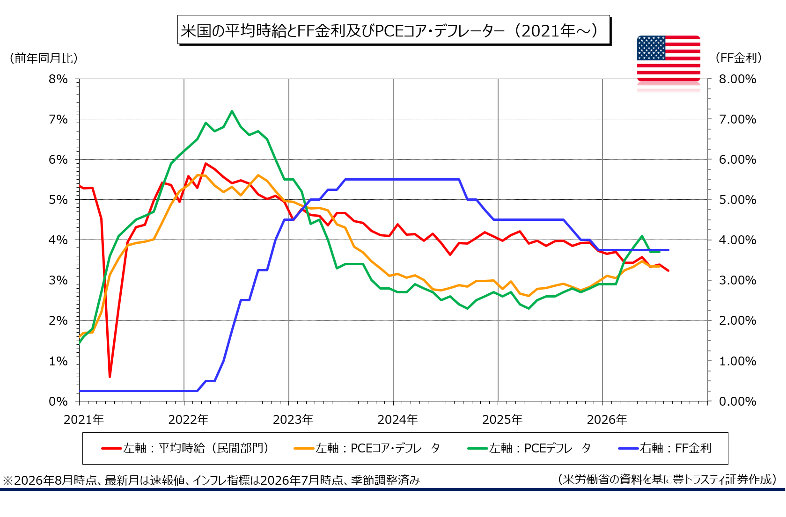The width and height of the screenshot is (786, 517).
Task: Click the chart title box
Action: (394, 30)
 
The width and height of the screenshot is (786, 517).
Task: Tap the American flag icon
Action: (668, 58)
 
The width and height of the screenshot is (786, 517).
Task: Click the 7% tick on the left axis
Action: (58, 119)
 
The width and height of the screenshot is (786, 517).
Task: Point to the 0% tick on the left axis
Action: (58, 401)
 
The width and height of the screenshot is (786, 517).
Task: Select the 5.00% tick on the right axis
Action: (737, 200)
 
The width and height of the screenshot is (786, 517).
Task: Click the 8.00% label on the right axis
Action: (737, 79)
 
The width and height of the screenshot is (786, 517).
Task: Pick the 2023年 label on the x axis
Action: (293, 420)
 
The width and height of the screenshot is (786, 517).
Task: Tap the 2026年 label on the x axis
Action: (607, 420)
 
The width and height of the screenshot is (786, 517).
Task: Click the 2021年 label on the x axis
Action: (84, 420)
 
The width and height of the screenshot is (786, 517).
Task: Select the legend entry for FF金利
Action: (665, 448)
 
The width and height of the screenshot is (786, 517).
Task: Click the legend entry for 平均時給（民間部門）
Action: (186, 448)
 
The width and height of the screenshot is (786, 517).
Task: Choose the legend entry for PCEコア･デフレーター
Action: (371, 448)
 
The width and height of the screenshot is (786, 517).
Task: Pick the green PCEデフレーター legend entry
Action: (533, 448)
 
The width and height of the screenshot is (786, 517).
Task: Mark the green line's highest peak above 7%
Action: (232, 111)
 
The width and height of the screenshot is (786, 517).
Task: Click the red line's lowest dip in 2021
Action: (110, 377)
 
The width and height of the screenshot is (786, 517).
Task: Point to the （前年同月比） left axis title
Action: (44, 58)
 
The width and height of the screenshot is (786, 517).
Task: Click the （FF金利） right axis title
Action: (738, 58)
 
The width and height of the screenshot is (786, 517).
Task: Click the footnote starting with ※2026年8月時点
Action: (212, 480)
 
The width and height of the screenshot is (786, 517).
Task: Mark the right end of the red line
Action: (668, 270)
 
